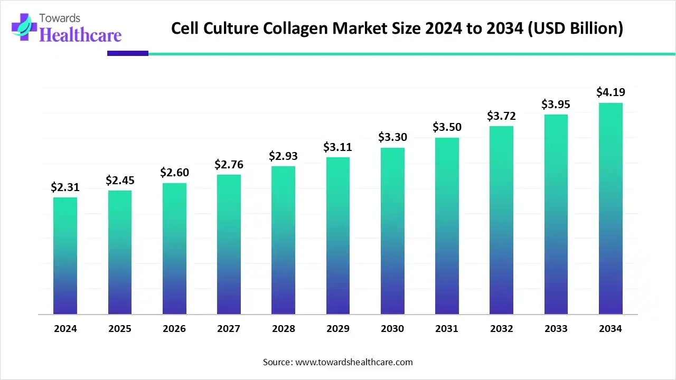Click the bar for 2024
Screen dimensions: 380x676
coord(65,256)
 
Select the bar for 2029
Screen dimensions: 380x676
coord(338,236)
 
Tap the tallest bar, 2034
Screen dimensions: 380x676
coord(611,208)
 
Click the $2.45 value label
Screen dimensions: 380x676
coord(120,180)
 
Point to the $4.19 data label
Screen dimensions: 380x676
coord(611,92)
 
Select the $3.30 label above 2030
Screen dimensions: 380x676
coord(392,137)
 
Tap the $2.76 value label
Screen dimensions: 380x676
coord(229,164)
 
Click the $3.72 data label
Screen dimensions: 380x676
coord(501,116)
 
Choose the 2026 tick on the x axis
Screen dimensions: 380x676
coord(174,329)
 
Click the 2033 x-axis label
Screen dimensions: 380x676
coord(556,329)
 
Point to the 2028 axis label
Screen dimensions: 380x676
coord(284,329)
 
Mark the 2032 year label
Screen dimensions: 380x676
coord(501,329)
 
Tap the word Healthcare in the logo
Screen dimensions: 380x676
coord(80,35)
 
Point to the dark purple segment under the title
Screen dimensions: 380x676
coord(127,53)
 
